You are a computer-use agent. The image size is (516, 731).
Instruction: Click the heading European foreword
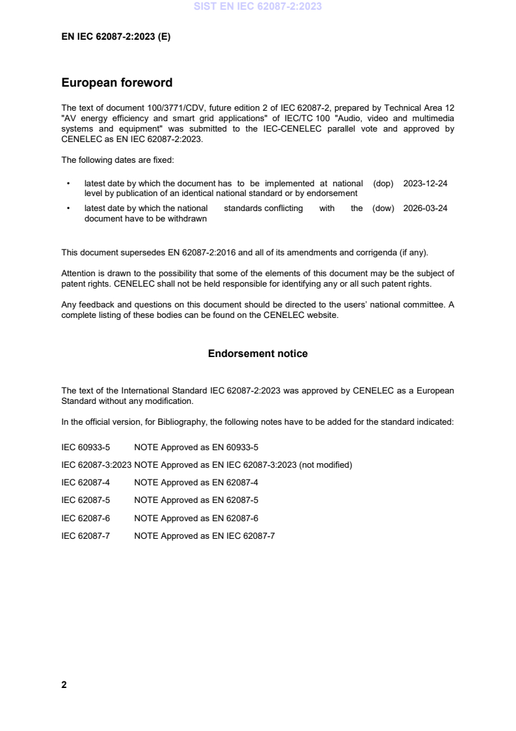click(x=116, y=83)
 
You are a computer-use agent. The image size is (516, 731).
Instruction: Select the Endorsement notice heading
click(x=258, y=354)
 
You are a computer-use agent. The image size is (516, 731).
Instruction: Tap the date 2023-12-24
click(x=425, y=184)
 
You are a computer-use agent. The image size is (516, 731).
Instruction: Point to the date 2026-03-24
click(x=425, y=208)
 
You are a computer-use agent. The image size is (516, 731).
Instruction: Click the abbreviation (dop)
click(x=383, y=184)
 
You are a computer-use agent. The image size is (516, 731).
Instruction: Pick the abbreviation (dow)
click(x=383, y=208)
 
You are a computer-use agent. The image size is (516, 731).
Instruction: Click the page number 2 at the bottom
click(x=64, y=685)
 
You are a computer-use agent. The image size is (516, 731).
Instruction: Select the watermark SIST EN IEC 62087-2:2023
click(x=258, y=7)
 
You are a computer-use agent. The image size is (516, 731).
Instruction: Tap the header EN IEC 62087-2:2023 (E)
click(x=115, y=37)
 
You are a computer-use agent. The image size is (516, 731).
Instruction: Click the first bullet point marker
click(x=68, y=184)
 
